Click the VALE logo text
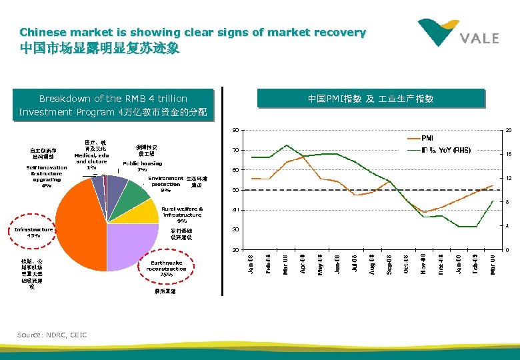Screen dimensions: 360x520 pyautogui.click(x=479, y=38)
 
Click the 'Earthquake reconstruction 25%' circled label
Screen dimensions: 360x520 pyautogui.click(x=166, y=268)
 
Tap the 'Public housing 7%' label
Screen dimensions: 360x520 pyautogui.click(x=141, y=166)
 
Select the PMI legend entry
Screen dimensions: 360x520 pyautogui.click(x=427, y=139)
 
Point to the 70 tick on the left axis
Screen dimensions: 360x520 pyautogui.click(x=235, y=150)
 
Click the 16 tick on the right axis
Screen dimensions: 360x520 pyautogui.click(x=508, y=154)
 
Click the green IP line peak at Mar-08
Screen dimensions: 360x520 pyautogui.click(x=286, y=145)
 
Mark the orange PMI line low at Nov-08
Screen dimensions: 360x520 pyautogui.click(x=425, y=212)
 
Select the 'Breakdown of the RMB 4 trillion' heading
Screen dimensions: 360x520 pyautogui.click(x=113, y=98)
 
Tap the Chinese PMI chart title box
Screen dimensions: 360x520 pyautogui.click(x=371, y=99)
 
